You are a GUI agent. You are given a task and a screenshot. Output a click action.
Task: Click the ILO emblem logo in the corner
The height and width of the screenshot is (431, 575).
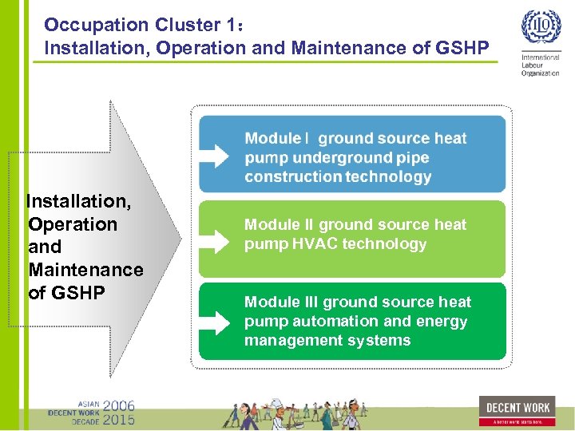541,29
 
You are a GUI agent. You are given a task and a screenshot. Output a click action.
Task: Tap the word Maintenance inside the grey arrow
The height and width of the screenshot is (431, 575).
85,270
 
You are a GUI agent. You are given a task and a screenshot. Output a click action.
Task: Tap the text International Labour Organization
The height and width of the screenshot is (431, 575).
541,65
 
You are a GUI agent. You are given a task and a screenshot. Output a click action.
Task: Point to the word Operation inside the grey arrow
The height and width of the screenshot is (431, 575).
73,224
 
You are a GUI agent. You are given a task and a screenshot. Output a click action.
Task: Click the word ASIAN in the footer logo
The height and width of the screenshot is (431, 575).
87,403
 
